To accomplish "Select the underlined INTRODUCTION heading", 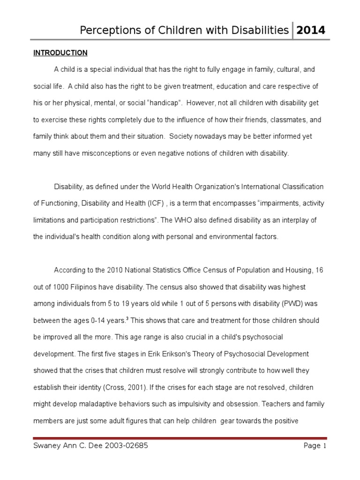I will click(x=60, y=52).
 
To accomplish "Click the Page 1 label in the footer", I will click(x=314, y=446).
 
